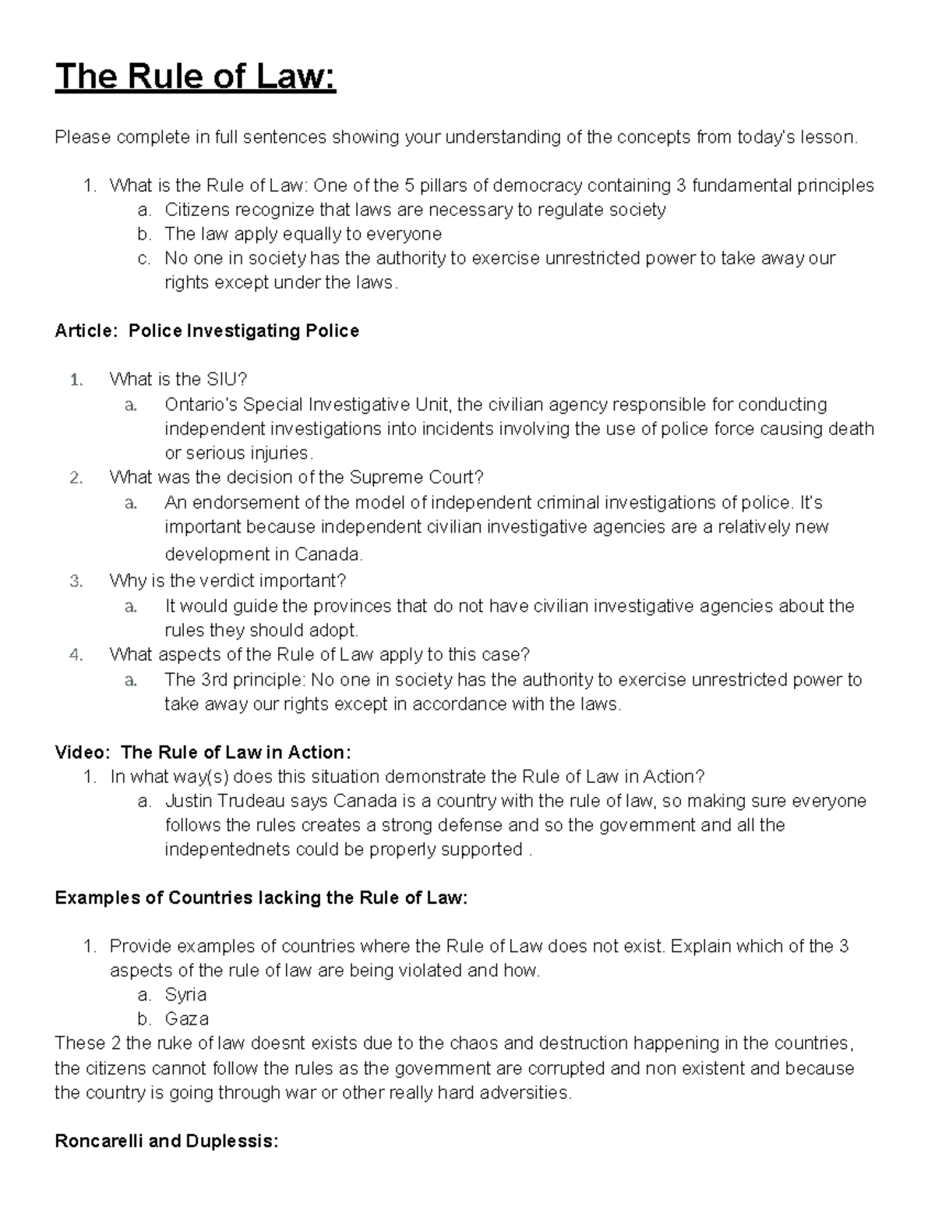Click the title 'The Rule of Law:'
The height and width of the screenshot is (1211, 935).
coord(195,78)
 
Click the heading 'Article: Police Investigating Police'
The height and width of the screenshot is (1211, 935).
coord(206,331)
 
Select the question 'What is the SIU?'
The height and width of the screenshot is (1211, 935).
coord(178,380)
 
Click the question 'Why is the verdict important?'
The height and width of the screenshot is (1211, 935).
coord(228,581)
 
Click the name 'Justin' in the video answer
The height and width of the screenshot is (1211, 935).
coord(187,801)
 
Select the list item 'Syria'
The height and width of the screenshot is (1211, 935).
coord(185,994)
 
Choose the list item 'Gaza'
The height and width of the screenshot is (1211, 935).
coord(186,1018)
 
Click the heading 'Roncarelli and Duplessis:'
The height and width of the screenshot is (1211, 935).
coord(166,1142)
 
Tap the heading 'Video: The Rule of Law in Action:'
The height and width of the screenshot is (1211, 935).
coord(203,752)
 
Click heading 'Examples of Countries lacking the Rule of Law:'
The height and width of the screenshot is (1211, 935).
coord(261,898)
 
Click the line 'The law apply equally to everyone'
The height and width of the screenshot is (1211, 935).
coord(303,234)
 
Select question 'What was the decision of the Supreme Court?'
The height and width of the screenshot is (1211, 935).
coord(297,477)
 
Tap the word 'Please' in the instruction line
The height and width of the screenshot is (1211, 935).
coord(83,138)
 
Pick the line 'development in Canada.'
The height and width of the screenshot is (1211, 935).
coord(263,554)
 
